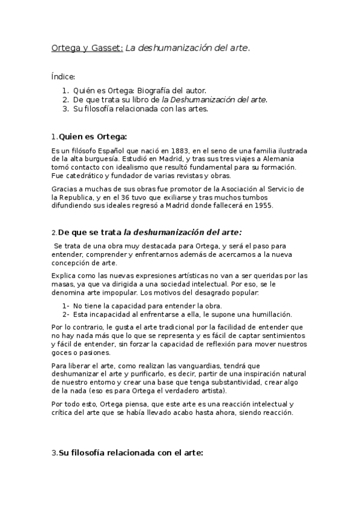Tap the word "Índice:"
coord(63,76)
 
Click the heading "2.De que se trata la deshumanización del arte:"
coord(147,232)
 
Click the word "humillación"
coord(266,314)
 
